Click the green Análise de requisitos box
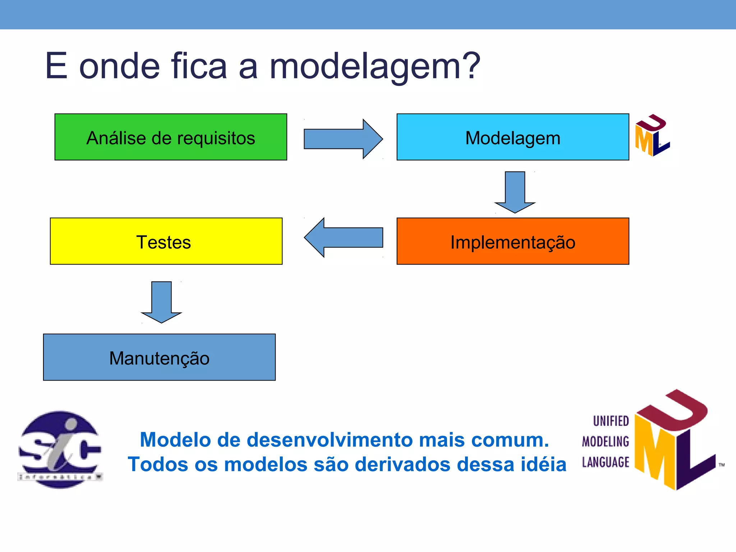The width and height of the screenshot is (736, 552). coord(171,137)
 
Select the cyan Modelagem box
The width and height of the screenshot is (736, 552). coord(513,137)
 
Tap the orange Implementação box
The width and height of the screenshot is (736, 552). coord(513,241)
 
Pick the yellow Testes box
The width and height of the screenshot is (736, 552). coord(166,241)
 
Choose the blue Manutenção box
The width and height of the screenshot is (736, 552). coord(159,357)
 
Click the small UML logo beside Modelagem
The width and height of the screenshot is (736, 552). coord(652,135)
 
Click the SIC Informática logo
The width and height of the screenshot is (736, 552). coord(60,450)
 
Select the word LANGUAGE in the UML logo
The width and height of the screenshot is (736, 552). coord(606,462)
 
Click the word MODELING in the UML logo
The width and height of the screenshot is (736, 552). coord(606,442)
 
